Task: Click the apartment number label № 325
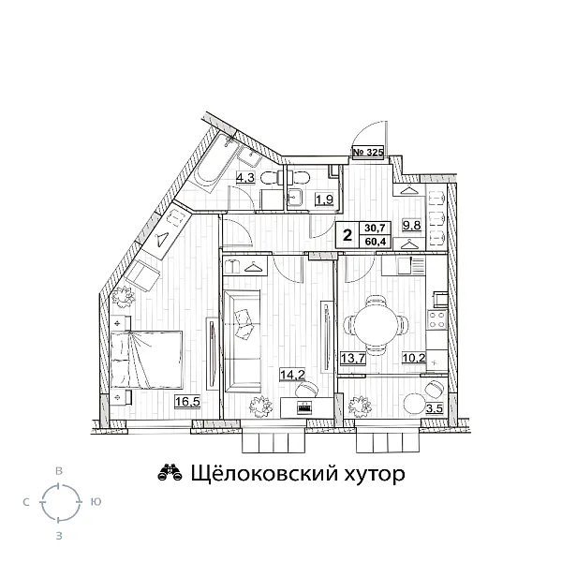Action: coord(368,152)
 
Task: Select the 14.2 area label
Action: coord(292,376)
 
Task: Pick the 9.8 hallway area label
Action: coord(410,224)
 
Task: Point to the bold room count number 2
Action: coord(348,234)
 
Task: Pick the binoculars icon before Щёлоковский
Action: coord(170,474)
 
